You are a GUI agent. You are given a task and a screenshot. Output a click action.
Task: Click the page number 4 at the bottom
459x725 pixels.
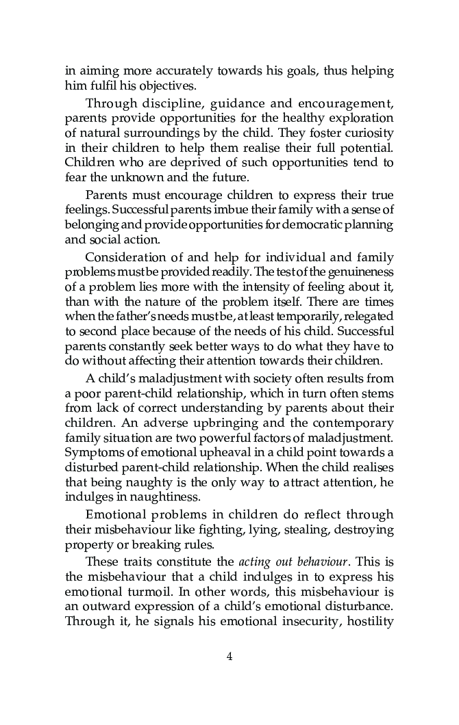click(229, 657)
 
